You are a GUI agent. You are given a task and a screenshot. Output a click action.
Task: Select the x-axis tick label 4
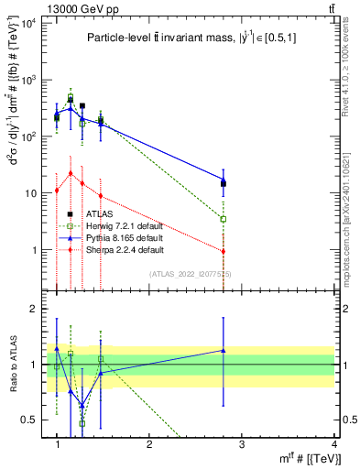point(334,444)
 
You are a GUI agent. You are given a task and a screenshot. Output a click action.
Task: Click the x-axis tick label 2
point(149,444)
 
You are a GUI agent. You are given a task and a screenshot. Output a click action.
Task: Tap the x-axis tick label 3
point(242,444)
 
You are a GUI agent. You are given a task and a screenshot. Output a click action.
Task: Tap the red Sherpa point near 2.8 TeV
point(224,251)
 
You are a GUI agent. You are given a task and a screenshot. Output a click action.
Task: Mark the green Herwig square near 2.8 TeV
point(224,219)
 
